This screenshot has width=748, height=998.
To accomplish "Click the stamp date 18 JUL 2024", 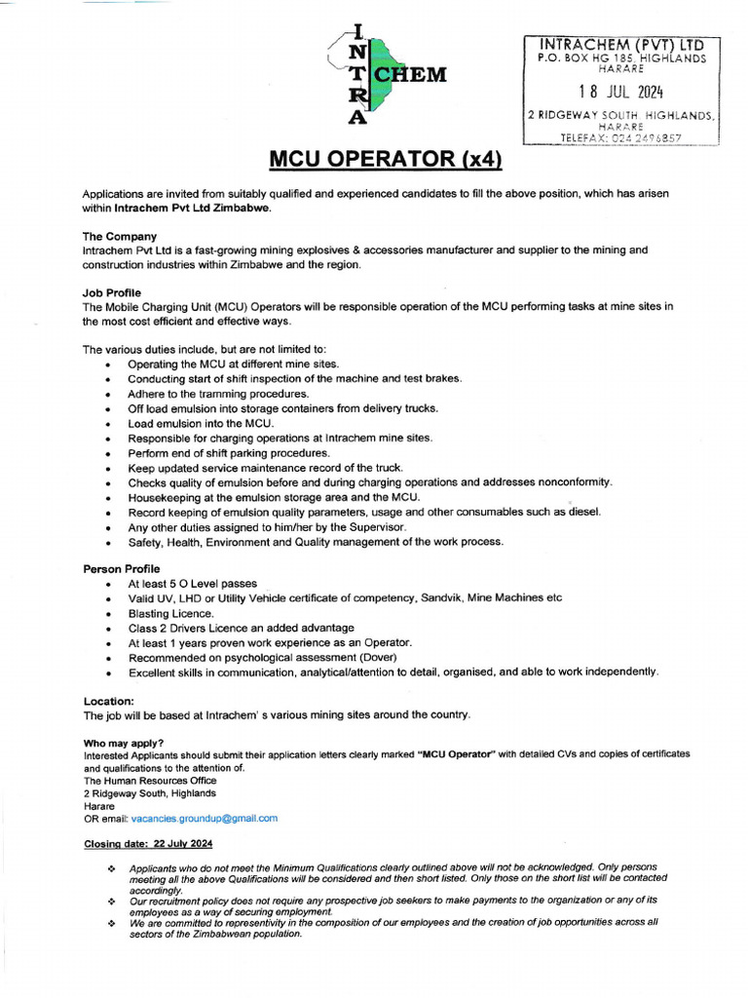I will (620, 93).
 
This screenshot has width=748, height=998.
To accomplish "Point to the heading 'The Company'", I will (119, 236).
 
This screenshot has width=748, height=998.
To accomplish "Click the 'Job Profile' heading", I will (111, 292).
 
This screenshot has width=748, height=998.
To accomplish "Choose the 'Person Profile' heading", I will (122, 568).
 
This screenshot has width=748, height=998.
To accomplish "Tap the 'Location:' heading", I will (109, 701).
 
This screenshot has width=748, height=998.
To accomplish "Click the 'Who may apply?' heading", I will (124, 744).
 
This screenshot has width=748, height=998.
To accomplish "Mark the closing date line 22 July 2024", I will (148, 843).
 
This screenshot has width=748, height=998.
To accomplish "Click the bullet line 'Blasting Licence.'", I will (170, 613).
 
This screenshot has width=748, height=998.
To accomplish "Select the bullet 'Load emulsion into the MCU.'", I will (201, 423).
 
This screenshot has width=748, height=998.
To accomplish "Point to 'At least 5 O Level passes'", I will (193, 583).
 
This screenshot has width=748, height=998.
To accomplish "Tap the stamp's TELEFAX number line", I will (620, 138).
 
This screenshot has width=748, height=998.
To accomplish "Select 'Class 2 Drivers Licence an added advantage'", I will (241, 628).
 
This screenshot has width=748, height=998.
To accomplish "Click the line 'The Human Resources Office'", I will (150, 781).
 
